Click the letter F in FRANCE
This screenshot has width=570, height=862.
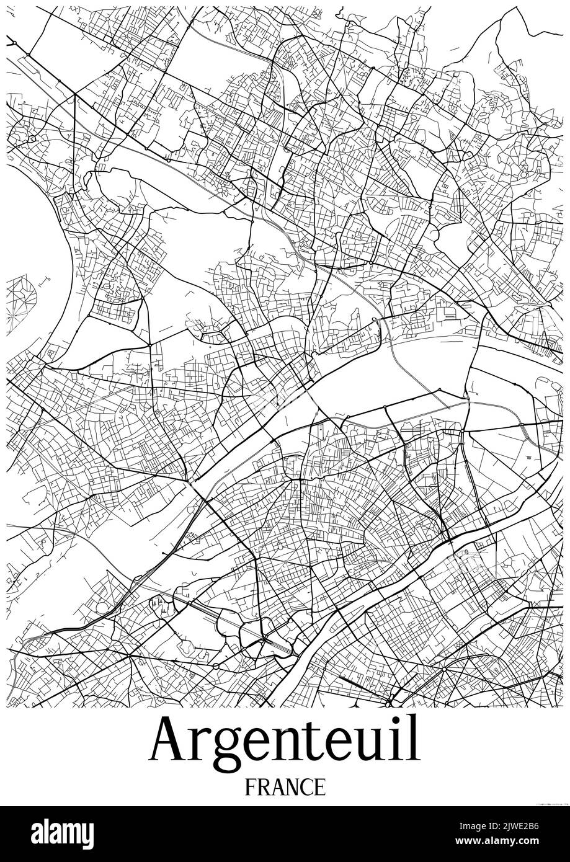pos(251,787)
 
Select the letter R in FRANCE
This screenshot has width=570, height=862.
pos(264,787)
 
